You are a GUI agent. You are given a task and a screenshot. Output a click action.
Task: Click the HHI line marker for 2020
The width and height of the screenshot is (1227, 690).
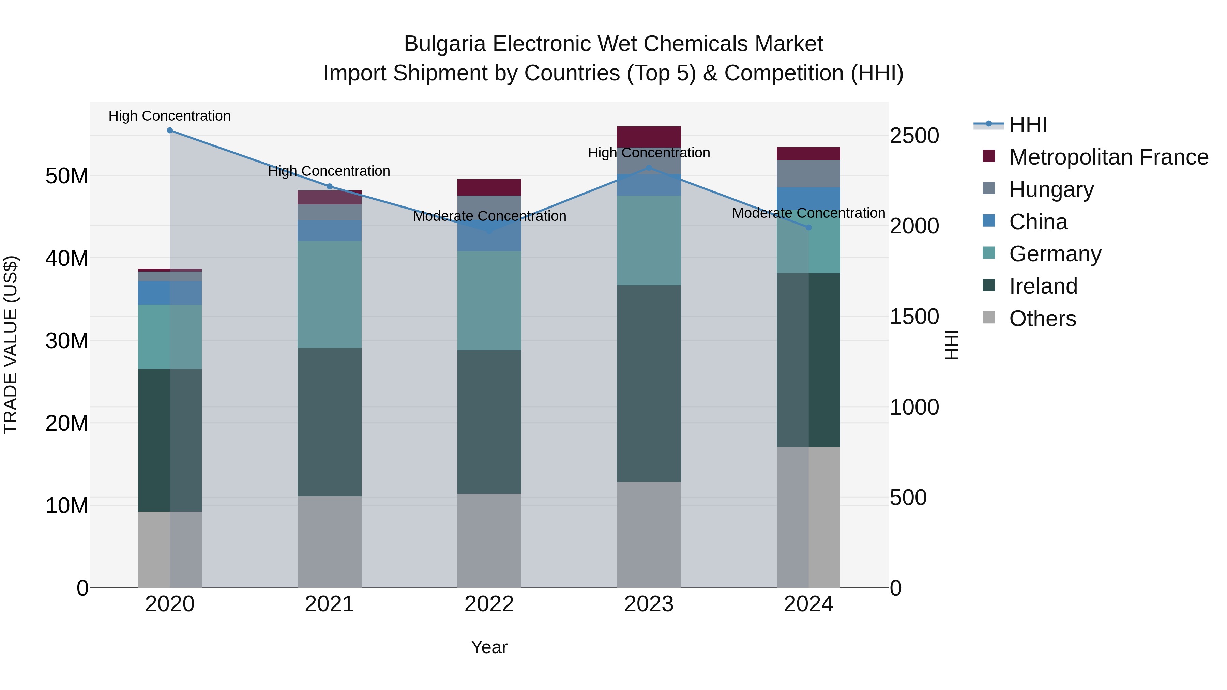pyautogui.click(x=170, y=131)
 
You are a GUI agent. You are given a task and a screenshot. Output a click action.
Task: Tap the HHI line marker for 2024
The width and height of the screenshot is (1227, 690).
pyautogui.click(x=808, y=228)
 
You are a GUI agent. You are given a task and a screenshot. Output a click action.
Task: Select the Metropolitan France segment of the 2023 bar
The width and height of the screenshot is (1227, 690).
pyautogui.click(x=649, y=137)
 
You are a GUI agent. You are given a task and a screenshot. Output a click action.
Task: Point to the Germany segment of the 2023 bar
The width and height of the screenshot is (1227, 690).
pyautogui.click(x=649, y=241)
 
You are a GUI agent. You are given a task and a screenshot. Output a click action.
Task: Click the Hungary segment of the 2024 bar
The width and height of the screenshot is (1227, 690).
pyautogui.click(x=808, y=174)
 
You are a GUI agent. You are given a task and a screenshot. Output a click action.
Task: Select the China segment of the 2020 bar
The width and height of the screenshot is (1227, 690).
pyautogui.click(x=170, y=293)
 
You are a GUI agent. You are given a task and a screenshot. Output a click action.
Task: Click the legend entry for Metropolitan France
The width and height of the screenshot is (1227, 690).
pyautogui.click(x=1108, y=157)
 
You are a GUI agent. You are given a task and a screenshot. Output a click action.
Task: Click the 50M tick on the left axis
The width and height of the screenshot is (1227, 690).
pyautogui.click(x=67, y=176)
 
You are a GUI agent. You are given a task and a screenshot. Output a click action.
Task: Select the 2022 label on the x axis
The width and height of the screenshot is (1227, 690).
pyautogui.click(x=489, y=604)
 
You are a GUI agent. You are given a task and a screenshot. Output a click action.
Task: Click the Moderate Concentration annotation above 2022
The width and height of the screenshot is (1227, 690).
pyautogui.click(x=489, y=216)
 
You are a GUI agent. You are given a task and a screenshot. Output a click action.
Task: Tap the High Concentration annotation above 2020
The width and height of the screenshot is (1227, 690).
pyautogui.click(x=170, y=116)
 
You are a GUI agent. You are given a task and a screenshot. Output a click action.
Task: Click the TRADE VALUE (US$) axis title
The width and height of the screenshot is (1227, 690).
pyautogui.click(x=11, y=345)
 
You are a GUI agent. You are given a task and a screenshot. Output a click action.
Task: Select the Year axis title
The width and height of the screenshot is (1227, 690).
pyautogui.click(x=489, y=647)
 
